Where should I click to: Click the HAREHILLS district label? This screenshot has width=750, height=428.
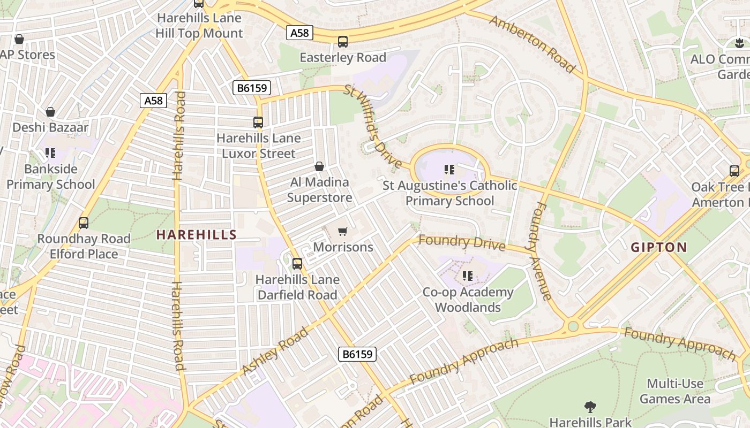pyautogui.click(x=196, y=234)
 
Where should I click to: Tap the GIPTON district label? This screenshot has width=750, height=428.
pyautogui.click(x=658, y=247)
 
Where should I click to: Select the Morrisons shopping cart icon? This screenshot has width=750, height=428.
pyautogui.click(x=343, y=232)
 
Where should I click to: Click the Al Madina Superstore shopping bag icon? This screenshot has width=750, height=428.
pyautogui.click(x=319, y=167)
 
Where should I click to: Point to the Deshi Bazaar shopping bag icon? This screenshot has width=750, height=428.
pyautogui.click(x=50, y=112)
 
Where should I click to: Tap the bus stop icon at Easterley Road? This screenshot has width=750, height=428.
pyautogui.click(x=343, y=42)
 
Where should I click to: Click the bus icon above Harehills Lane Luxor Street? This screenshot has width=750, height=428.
pyautogui.click(x=258, y=123)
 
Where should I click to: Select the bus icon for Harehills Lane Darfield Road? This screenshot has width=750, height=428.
pyautogui.click(x=297, y=264)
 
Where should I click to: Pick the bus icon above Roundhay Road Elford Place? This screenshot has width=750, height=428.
pyautogui.click(x=84, y=223)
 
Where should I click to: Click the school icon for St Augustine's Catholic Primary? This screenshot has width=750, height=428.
pyautogui.click(x=449, y=170)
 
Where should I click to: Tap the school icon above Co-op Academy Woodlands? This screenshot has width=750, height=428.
pyautogui.click(x=468, y=276)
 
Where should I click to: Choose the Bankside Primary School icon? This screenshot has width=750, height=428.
pyautogui.click(x=50, y=154)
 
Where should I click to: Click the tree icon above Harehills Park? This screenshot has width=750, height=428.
pyautogui.click(x=590, y=407)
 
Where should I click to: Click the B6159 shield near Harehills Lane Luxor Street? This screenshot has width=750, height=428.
pyautogui.click(x=251, y=88)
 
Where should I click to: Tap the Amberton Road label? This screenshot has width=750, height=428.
pyautogui.click(x=532, y=44)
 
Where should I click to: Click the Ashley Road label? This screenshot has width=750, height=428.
pyautogui.click(x=275, y=350)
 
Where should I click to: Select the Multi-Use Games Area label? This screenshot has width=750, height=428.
pyautogui.click(x=675, y=391)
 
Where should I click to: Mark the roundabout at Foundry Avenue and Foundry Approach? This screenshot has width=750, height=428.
pyautogui.click(x=573, y=326)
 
